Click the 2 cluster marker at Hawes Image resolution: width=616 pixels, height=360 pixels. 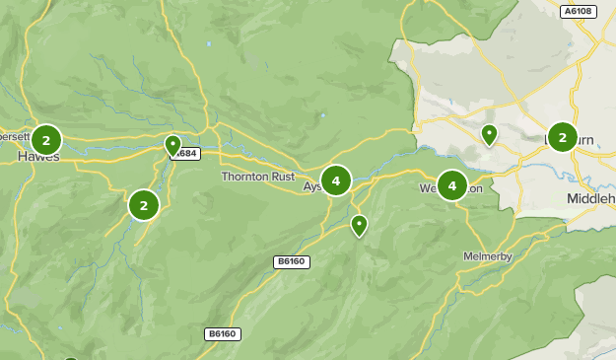click(46, 140)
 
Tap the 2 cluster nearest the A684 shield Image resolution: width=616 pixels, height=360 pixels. click(144, 205)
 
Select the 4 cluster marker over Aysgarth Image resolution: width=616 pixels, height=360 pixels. click(336, 180)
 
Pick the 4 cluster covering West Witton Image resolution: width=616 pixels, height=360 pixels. click(452, 184)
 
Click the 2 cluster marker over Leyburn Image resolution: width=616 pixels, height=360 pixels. click(563, 137)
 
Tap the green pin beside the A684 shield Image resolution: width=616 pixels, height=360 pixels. click(172, 146)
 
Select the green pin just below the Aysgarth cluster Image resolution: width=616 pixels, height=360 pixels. click(359, 226)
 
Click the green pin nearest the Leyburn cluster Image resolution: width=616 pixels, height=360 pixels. click(489, 134)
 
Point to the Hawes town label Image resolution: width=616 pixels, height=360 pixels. click(38, 157)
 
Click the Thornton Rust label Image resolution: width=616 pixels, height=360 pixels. click(257, 177)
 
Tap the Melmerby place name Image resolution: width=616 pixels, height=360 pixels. click(488, 256)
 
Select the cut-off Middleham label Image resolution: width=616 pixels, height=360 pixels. click(590, 198)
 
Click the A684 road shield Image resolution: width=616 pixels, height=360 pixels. click(187, 154)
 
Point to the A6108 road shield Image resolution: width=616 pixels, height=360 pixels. click(577, 12)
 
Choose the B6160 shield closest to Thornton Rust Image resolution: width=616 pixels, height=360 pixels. click(292, 261)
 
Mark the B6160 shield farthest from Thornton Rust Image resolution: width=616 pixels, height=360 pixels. click(222, 334)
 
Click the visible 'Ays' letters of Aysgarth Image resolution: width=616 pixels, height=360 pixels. click(312, 186)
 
